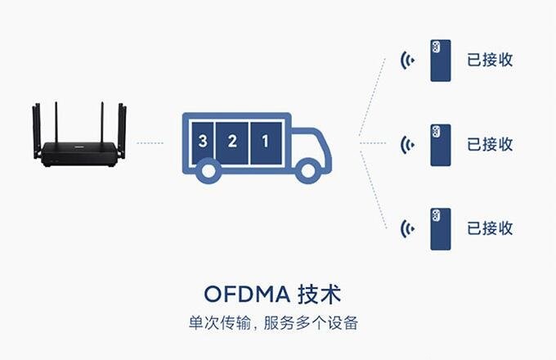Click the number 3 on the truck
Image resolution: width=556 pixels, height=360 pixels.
(x=203, y=141)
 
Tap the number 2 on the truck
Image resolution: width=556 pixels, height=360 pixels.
(x=232, y=141)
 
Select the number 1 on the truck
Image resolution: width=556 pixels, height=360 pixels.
(x=264, y=141)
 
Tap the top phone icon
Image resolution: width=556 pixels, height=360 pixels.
(x=441, y=60)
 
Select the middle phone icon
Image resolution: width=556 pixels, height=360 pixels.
(x=441, y=145)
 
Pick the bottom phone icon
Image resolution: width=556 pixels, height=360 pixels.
(x=441, y=229)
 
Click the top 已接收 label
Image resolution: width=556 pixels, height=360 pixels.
(x=490, y=60)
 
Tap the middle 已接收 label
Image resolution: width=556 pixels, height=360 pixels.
(x=490, y=145)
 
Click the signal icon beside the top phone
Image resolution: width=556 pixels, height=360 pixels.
(x=406, y=60)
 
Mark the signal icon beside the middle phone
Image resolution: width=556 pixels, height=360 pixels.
(x=406, y=145)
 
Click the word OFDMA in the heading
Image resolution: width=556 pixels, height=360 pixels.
(x=250, y=293)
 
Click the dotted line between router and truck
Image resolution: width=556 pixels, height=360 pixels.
(x=150, y=143)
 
